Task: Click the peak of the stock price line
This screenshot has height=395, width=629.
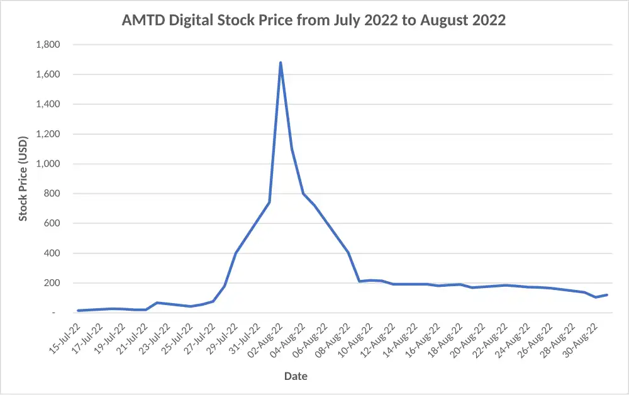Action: coord(280,62)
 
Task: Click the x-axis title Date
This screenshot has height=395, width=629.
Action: coord(296,376)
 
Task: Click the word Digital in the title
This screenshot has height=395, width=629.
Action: coord(188,20)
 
